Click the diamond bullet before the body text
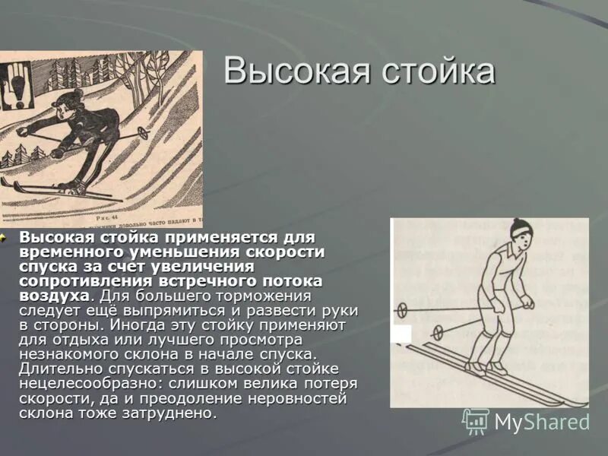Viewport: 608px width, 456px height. click(x=4, y=237)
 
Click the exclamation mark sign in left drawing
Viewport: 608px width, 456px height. click(x=16, y=84)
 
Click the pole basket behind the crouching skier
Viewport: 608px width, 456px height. click(x=143, y=132)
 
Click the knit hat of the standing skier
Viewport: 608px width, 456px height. click(x=521, y=229)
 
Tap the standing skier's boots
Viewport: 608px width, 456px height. click(x=486, y=368)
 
